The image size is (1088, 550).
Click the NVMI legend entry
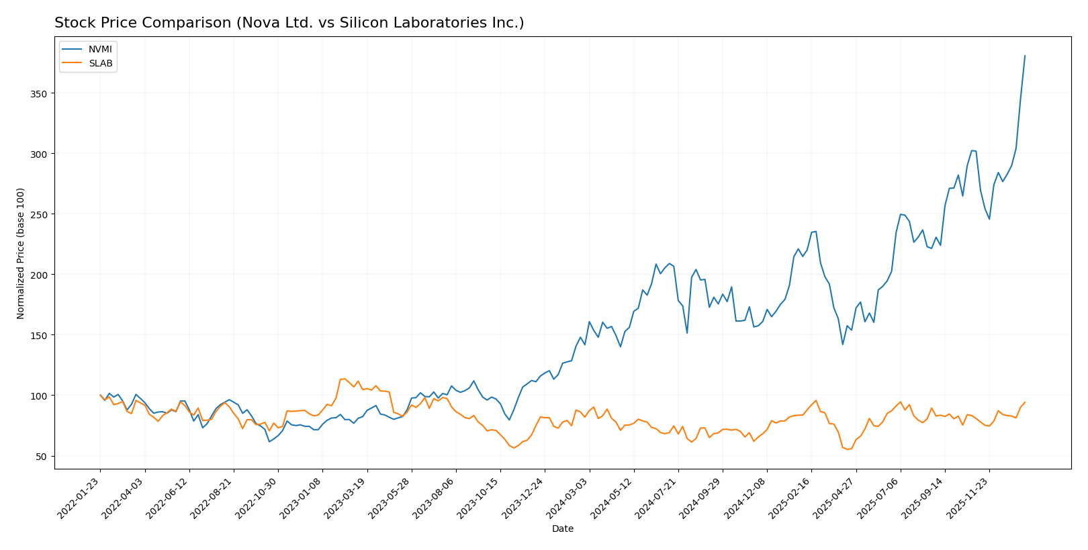100,50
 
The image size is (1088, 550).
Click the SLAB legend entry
100,64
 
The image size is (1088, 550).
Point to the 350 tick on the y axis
40,93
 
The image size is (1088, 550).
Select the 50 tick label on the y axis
42,457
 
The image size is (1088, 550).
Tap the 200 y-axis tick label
40,275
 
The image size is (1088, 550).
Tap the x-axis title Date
562,529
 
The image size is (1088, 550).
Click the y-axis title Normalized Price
21,253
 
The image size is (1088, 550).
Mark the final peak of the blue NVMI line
1025,56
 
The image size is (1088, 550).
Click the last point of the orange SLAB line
1025,402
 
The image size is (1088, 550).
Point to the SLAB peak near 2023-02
345,379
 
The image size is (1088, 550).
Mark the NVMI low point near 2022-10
269,441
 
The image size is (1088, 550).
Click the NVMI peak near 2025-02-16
815,232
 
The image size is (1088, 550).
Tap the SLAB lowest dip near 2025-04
848,449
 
